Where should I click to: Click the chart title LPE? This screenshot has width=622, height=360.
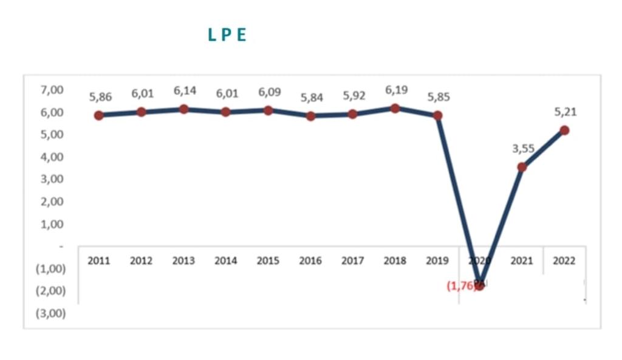[x=227, y=35]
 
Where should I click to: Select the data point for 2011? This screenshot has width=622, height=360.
[x=99, y=115]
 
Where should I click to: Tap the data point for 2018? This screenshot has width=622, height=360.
[x=395, y=109]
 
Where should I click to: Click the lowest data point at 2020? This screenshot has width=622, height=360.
[x=480, y=285]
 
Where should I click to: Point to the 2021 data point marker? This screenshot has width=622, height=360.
[x=522, y=167]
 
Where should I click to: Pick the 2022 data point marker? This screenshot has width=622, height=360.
[x=564, y=130]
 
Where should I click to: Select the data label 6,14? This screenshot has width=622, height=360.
[x=185, y=91]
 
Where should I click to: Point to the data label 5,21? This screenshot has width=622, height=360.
[x=566, y=112]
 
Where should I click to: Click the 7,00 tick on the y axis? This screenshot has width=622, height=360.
[x=52, y=90]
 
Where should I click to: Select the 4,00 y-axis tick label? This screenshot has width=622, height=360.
[x=52, y=157]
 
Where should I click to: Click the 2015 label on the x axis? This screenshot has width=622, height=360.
[x=268, y=261]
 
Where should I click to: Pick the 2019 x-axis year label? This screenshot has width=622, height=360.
[x=437, y=261]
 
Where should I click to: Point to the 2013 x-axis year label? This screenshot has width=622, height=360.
[x=183, y=261]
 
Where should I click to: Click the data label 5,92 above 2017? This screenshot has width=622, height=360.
[x=354, y=96]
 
